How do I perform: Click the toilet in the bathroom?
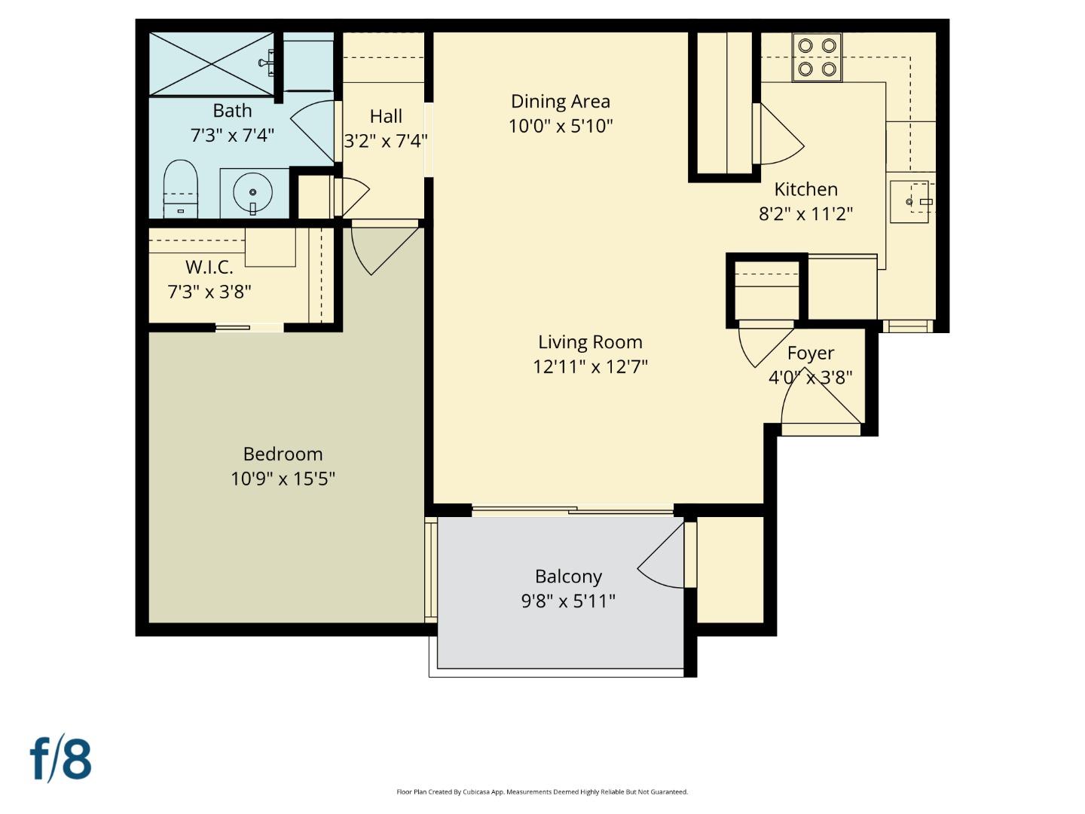pos(180,188)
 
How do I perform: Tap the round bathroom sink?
pos(252,193)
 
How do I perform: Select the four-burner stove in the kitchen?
pos(817,57)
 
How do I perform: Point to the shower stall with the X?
pos(212,64)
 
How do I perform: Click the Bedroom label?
pos(283,454)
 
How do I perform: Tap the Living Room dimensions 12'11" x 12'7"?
pos(590,366)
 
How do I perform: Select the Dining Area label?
pos(560,101)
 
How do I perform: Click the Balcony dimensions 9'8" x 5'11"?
pos(568,601)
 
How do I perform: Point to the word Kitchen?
pos(805,189)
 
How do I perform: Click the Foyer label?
pos(810,353)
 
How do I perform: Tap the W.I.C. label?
pos(209,267)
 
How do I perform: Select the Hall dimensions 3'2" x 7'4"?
pos(386,141)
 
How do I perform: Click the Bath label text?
pos(232,111)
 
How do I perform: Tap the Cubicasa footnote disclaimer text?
pos(542,791)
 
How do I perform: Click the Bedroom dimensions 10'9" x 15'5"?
pos(283,479)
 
